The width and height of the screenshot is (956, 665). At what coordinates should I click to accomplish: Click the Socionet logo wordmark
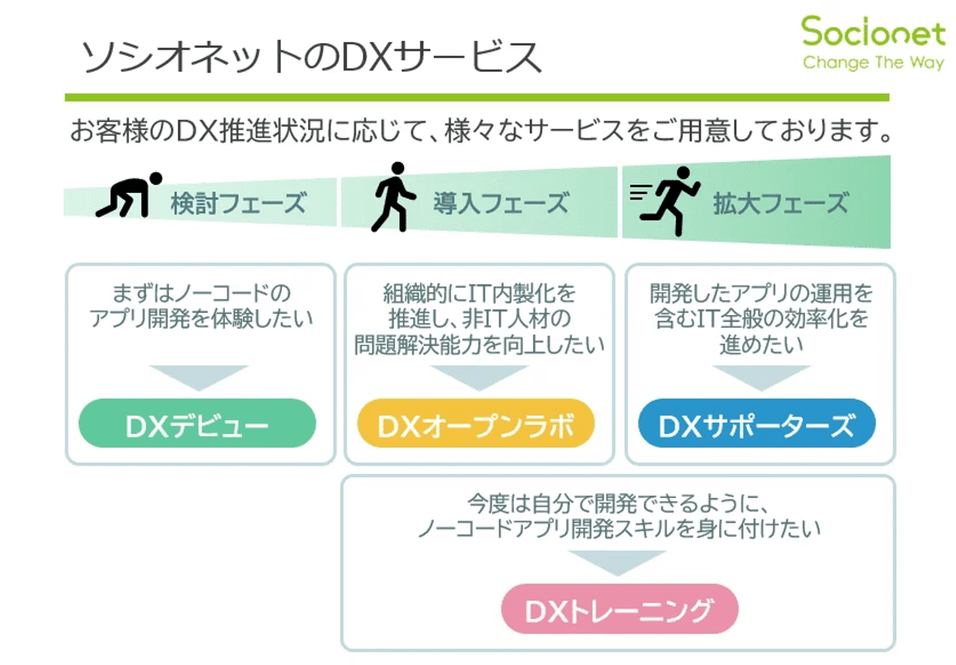pyautogui.click(x=872, y=31)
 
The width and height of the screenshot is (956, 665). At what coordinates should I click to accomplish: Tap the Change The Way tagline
pyautogui.click(x=873, y=62)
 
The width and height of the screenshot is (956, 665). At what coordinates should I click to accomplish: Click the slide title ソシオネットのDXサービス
pyautogui.click(x=311, y=57)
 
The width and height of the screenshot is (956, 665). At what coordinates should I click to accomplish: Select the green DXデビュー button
pyautogui.click(x=197, y=424)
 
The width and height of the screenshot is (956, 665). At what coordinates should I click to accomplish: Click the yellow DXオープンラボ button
pyautogui.click(x=475, y=424)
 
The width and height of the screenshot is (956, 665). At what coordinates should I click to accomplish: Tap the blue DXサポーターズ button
pyautogui.click(x=756, y=424)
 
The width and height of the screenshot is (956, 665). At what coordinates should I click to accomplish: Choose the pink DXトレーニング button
pyautogui.click(x=619, y=609)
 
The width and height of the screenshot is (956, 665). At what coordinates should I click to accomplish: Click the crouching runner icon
pyautogui.click(x=130, y=196)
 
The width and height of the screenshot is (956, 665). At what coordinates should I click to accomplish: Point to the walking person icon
pyautogui.click(x=393, y=197)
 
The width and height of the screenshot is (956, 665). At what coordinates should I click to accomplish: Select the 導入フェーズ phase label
pyautogui.click(x=501, y=203)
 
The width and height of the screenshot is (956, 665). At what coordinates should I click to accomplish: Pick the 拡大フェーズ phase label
pyautogui.click(x=781, y=203)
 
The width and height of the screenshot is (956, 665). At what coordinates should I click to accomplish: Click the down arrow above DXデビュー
pyautogui.click(x=198, y=376)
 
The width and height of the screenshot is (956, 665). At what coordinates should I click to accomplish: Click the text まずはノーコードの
pyautogui.click(x=201, y=293)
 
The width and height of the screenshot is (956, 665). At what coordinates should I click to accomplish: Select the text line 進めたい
pyautogui.click(x=761, y=345)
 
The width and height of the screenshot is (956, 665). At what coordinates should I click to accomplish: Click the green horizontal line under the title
pyautogui.click(x=477, y=98)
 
